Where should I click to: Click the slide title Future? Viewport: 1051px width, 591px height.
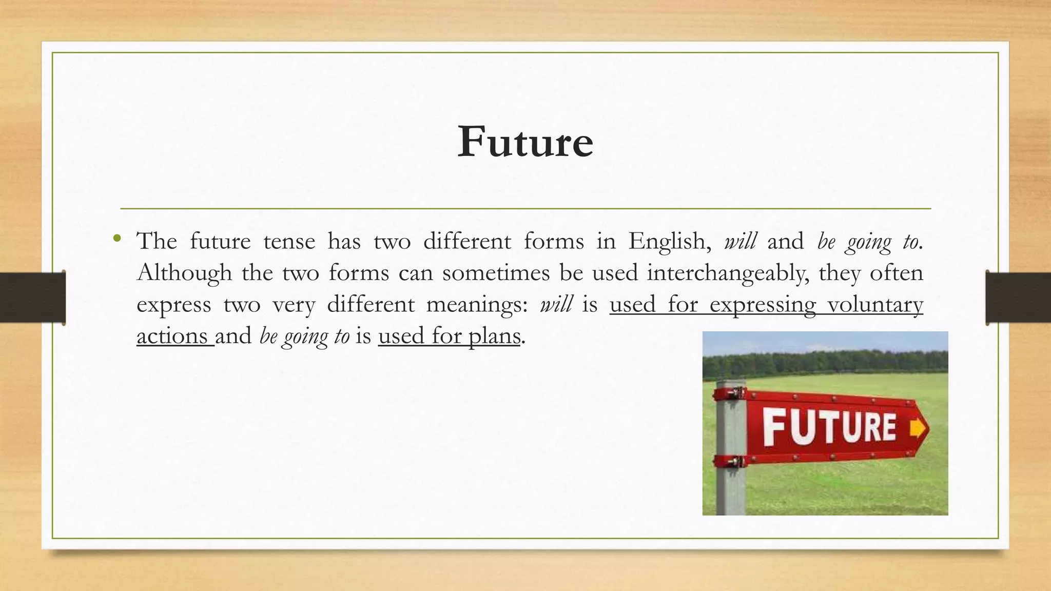[525, 142]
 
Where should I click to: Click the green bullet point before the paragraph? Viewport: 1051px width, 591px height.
[118, 238]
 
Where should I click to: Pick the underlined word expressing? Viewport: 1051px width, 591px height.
[763, 305]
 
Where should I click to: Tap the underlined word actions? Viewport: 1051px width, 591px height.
[172, 337]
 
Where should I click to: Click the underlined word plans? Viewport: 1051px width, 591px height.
[494, 337]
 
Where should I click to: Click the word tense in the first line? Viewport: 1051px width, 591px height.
[289, 241]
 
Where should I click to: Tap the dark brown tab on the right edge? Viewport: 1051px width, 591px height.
[1018, 298]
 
